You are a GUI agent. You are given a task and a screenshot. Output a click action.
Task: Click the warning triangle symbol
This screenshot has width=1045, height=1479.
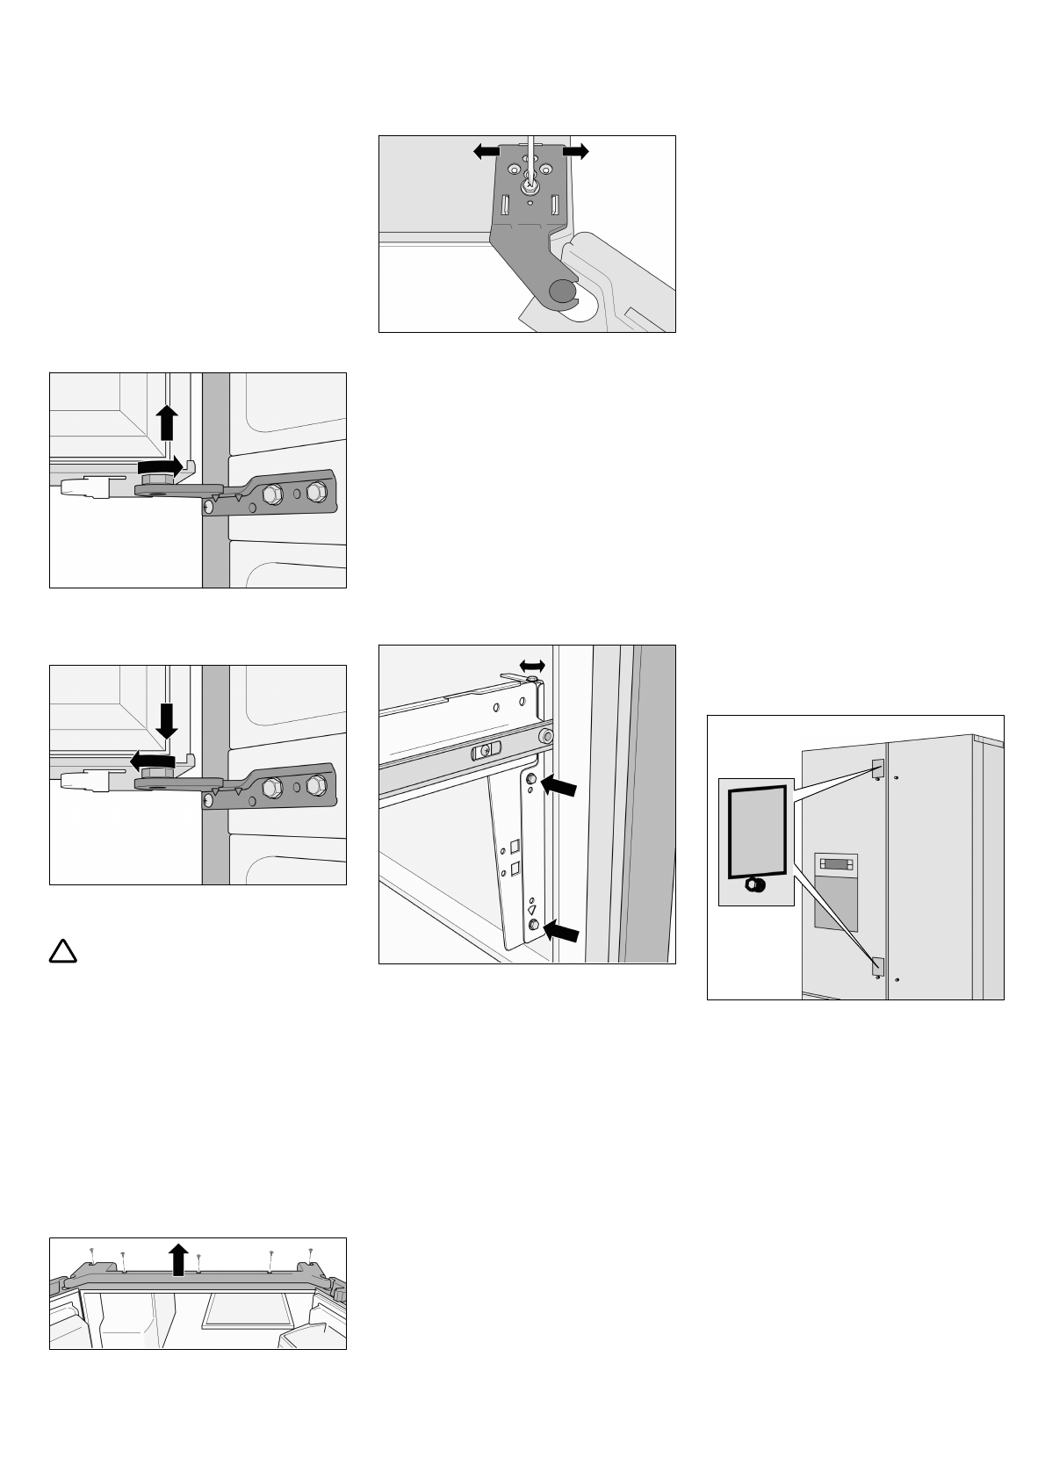tap(63, 951)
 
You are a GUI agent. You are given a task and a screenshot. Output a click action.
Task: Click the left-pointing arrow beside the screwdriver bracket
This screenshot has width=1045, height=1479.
tap(486, 152)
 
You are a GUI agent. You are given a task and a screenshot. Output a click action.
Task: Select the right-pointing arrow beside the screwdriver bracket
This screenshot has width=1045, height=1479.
tap(576, 152)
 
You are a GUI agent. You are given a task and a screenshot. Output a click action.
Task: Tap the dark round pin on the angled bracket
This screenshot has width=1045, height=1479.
tap(560, 291)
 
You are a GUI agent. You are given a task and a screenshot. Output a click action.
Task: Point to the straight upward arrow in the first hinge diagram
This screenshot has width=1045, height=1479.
tap(167, 424)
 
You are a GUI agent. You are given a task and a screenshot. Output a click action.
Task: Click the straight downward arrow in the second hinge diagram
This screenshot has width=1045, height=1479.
tap(167, 722)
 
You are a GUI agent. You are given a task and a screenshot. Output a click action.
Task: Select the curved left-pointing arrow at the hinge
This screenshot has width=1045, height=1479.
tap(151, 758)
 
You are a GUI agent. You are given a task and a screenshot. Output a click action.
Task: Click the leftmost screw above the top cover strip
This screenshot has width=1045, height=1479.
tap(92, 1251)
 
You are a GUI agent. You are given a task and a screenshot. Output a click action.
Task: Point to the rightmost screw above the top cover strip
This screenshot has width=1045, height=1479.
tap(311, 1251)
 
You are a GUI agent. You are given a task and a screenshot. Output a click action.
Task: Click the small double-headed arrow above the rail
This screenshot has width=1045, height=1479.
tap(532, 665)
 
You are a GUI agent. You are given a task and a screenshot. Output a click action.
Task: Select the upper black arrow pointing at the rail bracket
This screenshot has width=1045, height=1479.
tap(559, 787)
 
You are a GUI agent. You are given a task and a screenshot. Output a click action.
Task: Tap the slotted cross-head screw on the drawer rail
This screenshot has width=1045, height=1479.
tap(484, 751)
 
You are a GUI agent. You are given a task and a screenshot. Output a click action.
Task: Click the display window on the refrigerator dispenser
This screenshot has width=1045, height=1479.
tap(835, 864)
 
